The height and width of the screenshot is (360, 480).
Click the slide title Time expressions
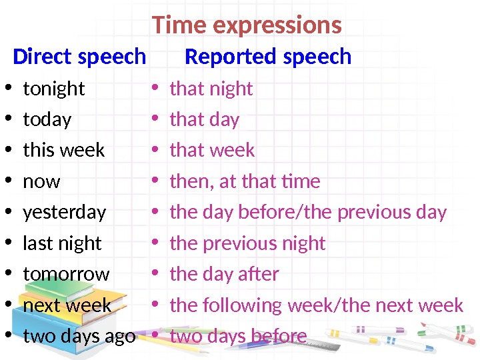pos(247,25)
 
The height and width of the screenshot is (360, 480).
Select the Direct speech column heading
pos(79,57)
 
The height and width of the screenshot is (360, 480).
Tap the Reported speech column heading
pos(267,57)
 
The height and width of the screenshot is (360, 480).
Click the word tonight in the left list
pos(54,89)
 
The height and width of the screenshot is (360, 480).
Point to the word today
pos(47,119)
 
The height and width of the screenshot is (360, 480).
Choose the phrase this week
pos(63,150)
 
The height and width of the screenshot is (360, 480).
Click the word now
pos(41,181)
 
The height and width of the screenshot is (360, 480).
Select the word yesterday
pos(64,212)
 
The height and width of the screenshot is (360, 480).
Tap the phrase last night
pos(62,243)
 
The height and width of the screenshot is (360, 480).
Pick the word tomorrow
pos(66,274)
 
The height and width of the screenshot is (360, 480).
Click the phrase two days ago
pos(79,336)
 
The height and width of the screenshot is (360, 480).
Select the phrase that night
pos(211,89)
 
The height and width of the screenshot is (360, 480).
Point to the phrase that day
pos(204,119)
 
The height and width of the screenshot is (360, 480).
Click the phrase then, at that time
pos(245,181)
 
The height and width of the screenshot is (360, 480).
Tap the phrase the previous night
pos(247,243)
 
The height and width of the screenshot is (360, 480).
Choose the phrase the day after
pos(224,274)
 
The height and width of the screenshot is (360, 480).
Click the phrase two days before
pos(238,336)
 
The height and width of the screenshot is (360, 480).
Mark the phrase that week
pos(212,150)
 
